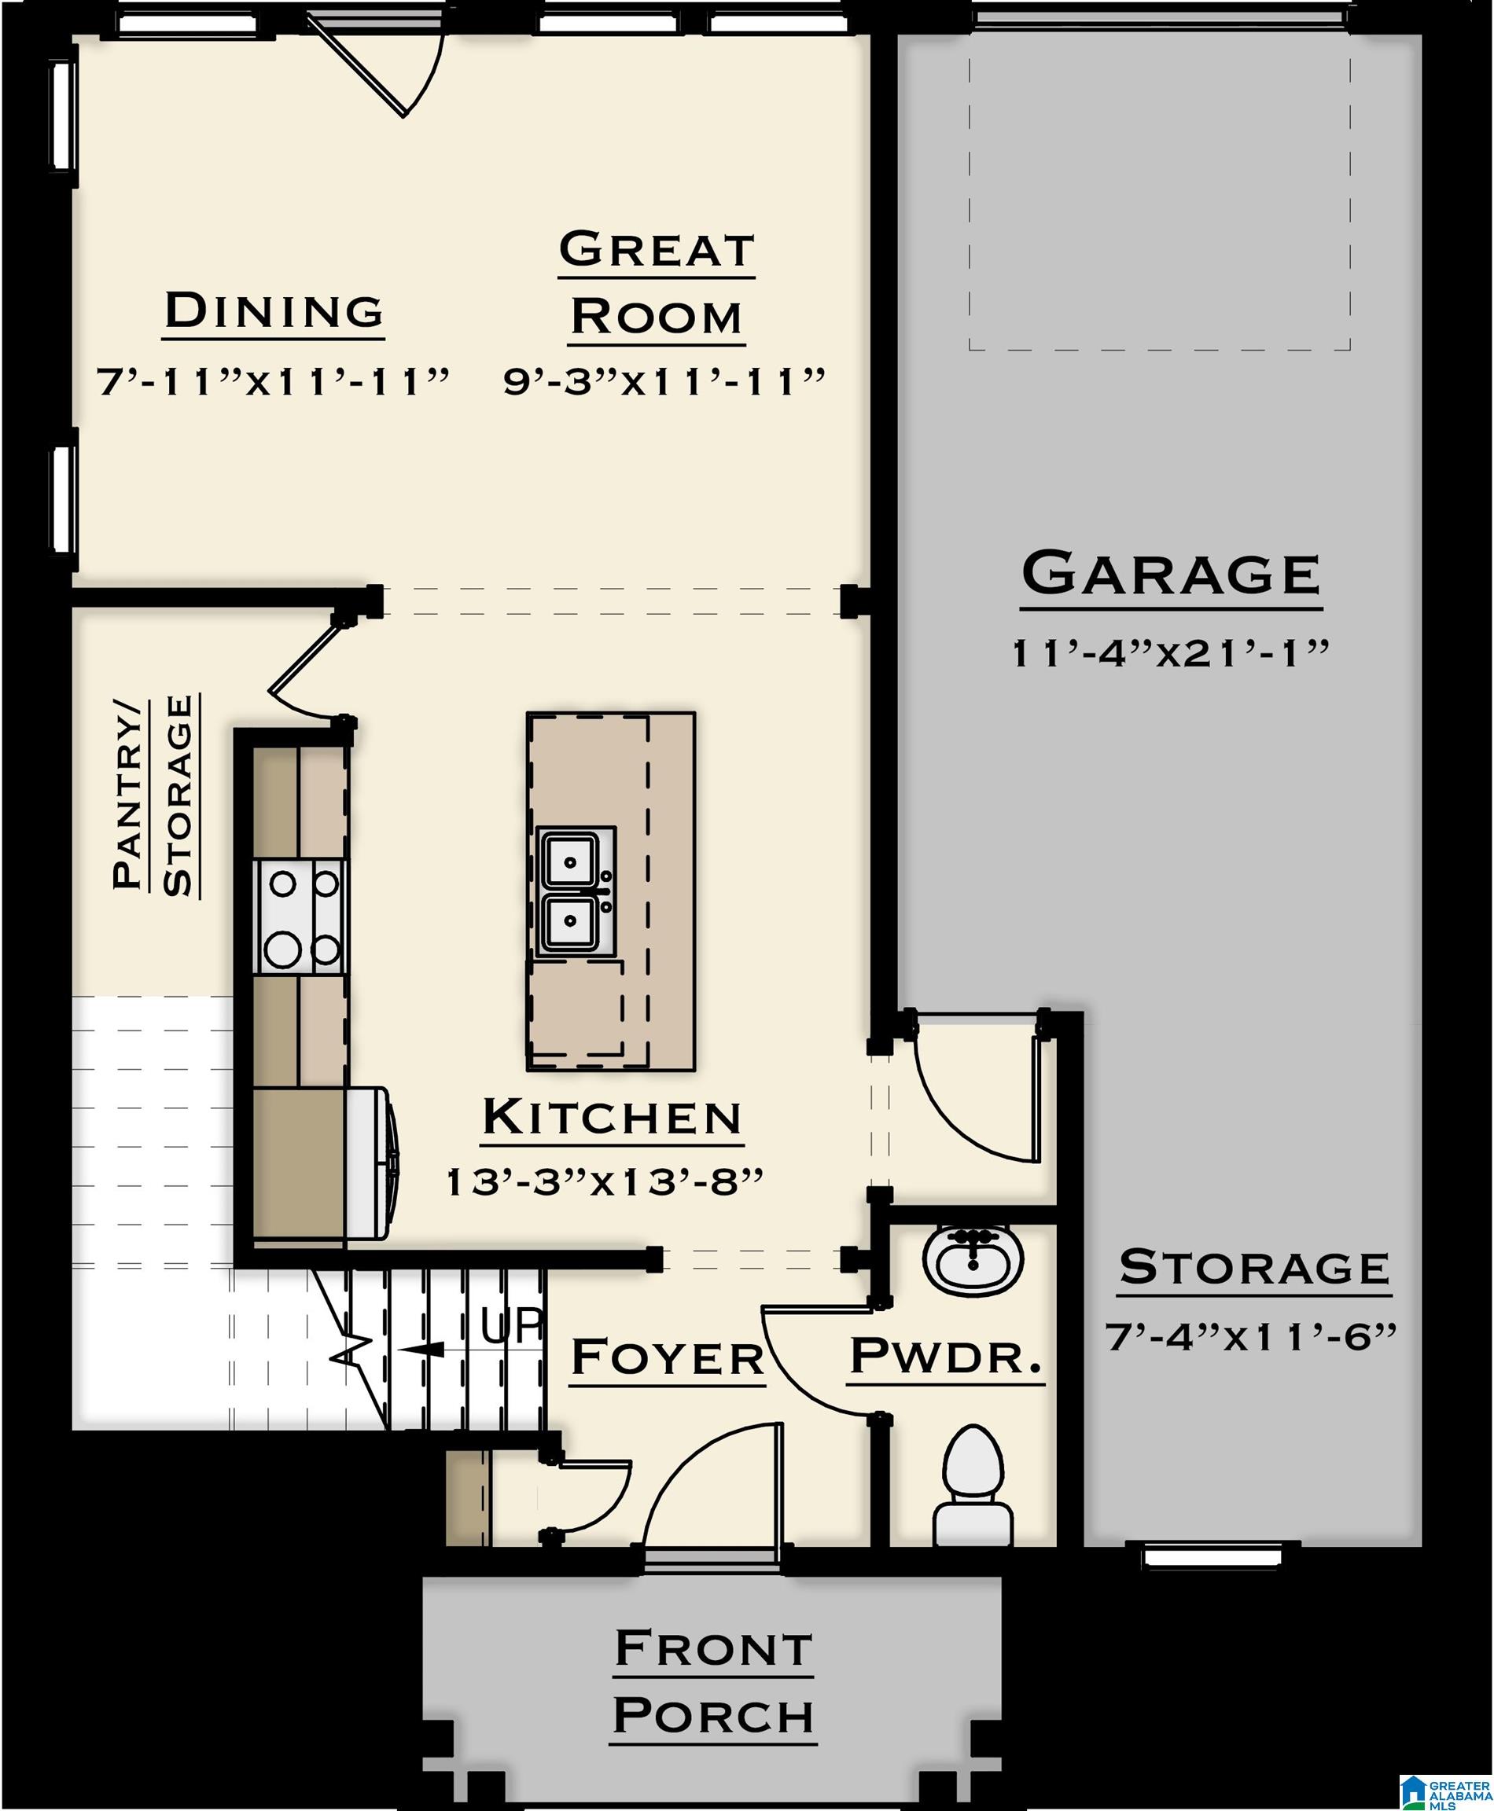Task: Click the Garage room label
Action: coord(1170,574)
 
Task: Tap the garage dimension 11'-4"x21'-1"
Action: coord(1170,654)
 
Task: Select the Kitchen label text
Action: coord(612,1118)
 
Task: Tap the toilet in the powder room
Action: coord(973,1486)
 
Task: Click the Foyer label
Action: coord(668,1358)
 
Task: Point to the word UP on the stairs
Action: coord(511,1326)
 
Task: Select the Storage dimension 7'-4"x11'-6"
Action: coord(1250,1337)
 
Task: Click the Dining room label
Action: coord(274,310)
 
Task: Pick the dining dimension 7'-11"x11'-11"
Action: coord(273,381)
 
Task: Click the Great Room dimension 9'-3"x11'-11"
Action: coord(664,381)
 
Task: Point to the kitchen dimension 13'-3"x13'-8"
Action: coord(605,1183)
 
